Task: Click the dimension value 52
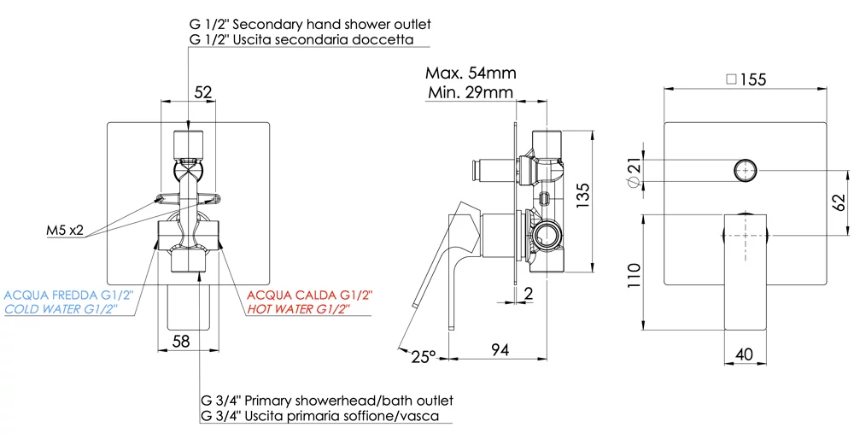coord(202,92)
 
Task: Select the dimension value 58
coord(181,342)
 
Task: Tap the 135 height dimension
coord(582,195)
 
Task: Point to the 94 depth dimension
coord(500,349)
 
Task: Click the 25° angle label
coord(424,357)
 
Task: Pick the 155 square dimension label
coord(747,79)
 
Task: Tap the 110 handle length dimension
coord(634,276)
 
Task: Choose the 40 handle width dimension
coord(744,354)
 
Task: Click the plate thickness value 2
coord(528,293)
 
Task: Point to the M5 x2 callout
coord(65,231)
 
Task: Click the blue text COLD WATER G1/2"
coord(68,309)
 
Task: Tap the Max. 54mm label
coord(471,73)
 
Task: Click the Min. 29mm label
coord(471,92)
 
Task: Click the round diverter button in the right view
coord(745,171)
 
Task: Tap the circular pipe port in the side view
coord(547,236)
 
